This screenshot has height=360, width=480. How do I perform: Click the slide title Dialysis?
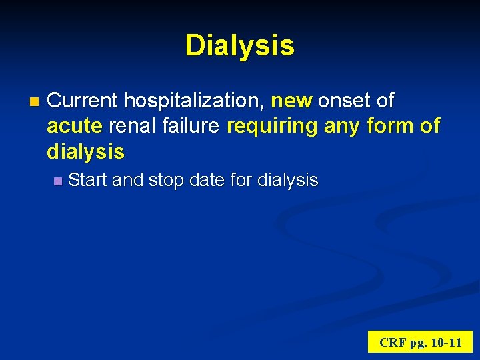tap(239, 45)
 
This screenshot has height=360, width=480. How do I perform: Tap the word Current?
tap(84, 101)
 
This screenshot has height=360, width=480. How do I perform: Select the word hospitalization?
tap(195, 101)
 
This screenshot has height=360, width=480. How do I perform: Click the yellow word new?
tap(291, 101)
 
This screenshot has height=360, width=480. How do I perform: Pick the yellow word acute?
tap(74, 127)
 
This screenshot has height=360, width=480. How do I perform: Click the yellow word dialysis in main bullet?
tap(85, 152)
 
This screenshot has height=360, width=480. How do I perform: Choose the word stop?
tap(169, 180)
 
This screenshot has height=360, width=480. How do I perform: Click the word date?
tap(213, 180)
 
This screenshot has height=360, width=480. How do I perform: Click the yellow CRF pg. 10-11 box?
tap(420, 342)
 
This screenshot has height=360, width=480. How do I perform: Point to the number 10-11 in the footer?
tap(447, 343)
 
